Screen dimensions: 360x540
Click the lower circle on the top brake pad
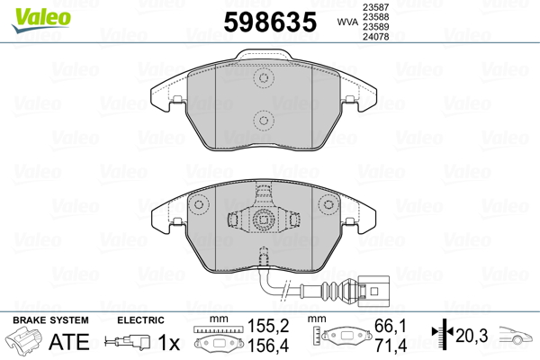click(x=264, y=118)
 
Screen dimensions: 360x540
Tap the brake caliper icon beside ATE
click(x=26, y=343)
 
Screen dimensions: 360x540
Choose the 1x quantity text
click(x=168, y=343)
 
